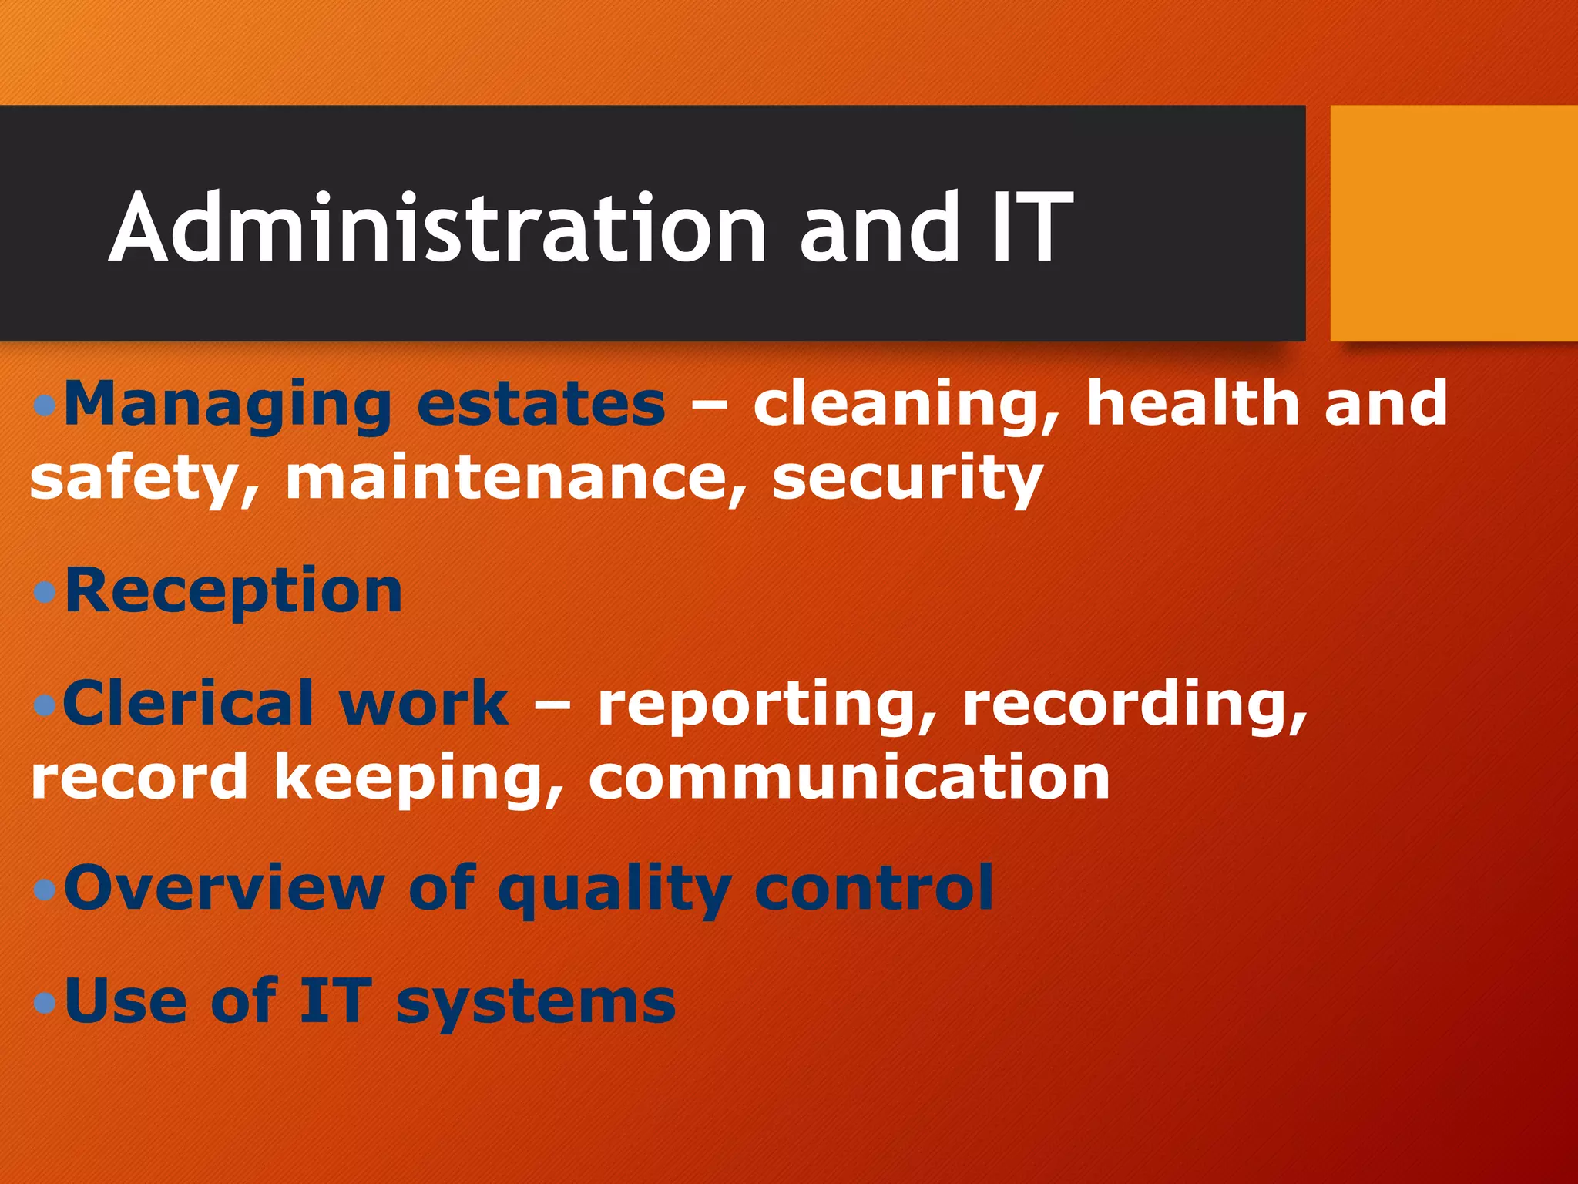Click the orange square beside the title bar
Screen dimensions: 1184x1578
click(1453, 223)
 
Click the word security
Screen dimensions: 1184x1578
click(907, 479)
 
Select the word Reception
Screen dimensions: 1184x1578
click(233, 591)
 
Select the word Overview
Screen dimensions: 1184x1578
click(224, 889)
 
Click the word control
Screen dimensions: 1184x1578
click(874, 888)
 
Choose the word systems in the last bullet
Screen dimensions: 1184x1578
click(536, 1003)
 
